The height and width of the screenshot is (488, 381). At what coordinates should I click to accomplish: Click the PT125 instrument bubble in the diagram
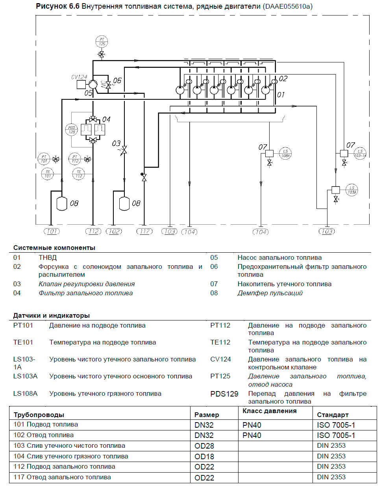click(x=102, y=41)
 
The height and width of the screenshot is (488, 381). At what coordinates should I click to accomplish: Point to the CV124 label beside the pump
click(x=79, y=77)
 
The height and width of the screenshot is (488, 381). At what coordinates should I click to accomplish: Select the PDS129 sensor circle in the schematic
click(x=72, y=130)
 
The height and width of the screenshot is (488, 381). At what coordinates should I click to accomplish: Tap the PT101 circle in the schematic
click(x=44, y=159)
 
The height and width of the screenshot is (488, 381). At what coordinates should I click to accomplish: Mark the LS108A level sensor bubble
click(x=285, y=153)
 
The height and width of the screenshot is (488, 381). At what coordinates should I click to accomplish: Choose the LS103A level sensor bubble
click(x=352, y=190)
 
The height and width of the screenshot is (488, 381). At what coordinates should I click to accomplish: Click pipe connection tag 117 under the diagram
click(x=144, y=231)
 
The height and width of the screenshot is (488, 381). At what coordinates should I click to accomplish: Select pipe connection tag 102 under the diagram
click(x=114, y=231)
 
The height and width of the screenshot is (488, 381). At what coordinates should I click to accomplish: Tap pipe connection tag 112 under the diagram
click(x=93, y=231)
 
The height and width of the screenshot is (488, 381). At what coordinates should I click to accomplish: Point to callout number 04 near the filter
click(x=106, y=119)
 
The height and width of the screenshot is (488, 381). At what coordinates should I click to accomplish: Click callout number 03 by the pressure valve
click(x=116, y=143)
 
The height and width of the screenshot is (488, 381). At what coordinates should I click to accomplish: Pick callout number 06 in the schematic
click(x=117, y=80)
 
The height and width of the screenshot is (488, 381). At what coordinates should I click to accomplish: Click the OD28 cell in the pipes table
click(x=204, y=446)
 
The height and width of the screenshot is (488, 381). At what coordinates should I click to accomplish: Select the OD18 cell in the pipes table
click(x=204, y=456)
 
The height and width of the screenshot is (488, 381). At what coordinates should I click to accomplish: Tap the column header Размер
click(x=207, y=415)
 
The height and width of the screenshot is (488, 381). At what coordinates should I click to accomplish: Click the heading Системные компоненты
click(x=54, y=248)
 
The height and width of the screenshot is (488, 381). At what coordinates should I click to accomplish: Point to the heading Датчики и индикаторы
click(x=52, y=315)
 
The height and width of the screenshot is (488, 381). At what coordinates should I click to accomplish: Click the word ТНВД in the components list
click(x=48, y=257)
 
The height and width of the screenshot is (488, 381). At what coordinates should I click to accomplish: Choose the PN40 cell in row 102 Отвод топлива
click(x=252, y=435)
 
